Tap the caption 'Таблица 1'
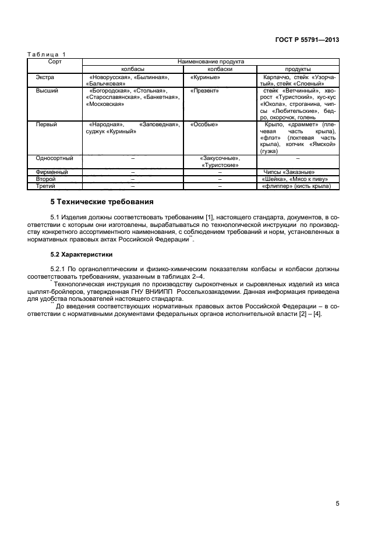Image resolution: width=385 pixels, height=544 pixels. (x=47, y=54)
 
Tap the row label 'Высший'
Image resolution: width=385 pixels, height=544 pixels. (x=47, y=91)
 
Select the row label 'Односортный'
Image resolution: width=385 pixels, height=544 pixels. (x=54, y=158)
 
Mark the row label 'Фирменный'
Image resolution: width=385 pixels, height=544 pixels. (x=52, y=172)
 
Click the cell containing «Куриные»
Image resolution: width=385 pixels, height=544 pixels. (x=204, y=76)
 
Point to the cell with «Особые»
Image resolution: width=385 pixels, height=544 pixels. (x=204, y=125)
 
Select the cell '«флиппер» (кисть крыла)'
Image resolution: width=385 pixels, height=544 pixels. (x=296, y=186)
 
